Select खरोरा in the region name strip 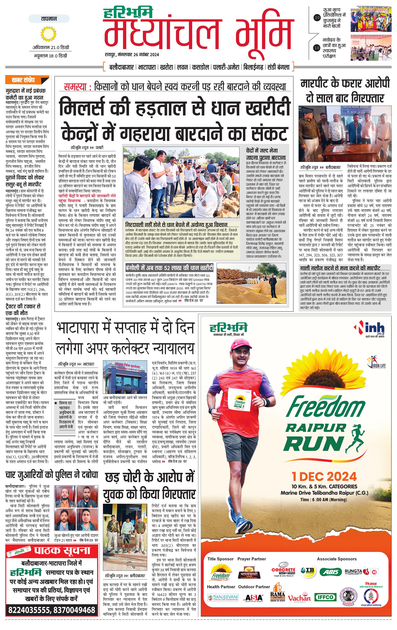pyautogui.click(x=167, y=67)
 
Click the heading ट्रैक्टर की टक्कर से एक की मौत pyautogui.click(x=23, y=310)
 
